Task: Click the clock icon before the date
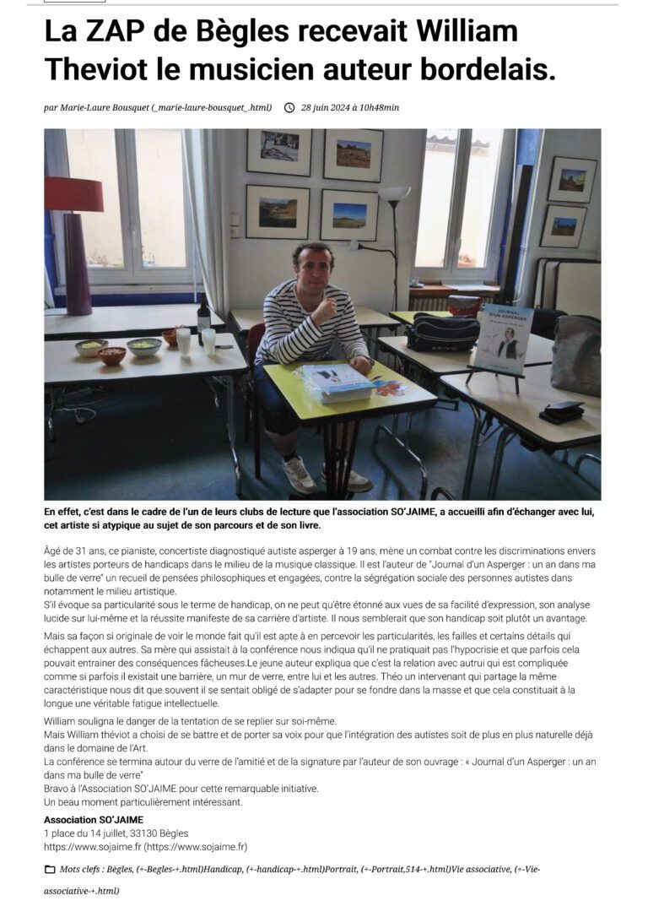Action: click(289, 107)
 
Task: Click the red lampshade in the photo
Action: click(73, 194)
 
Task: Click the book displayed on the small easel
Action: click(503, 339)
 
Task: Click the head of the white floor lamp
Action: click(394, 193)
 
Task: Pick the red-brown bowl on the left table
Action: click(111, 355)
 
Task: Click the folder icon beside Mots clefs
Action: click(49, 870)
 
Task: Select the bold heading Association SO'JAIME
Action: click(93, 819)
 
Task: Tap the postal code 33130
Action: click(154, 833)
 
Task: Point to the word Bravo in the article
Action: click(57, 789)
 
